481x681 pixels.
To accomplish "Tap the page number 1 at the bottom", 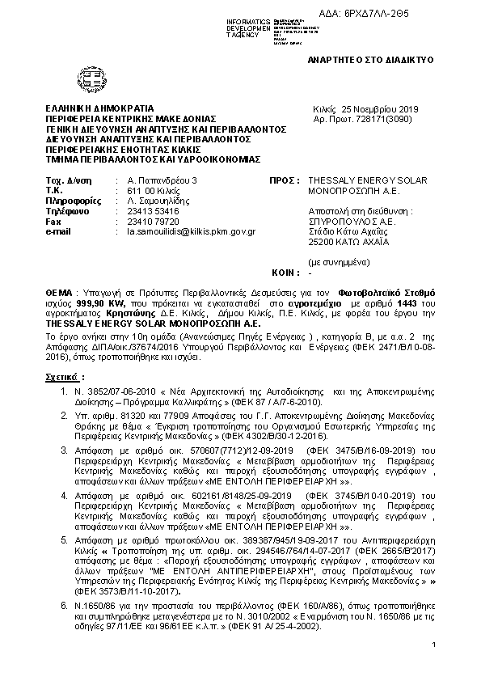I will point(434,644).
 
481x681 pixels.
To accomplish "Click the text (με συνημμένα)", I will point(340,263).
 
